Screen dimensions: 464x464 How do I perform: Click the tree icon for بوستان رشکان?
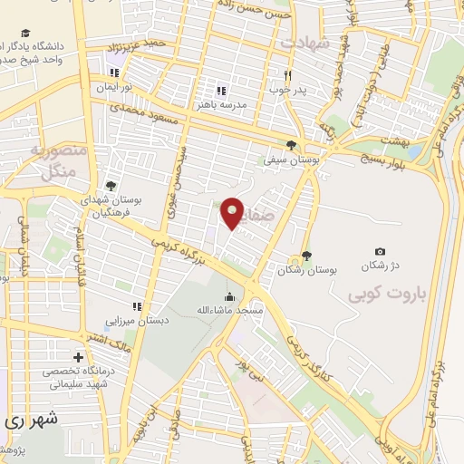click(x=306, y=256)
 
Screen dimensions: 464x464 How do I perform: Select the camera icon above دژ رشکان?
click(x=380, y=251)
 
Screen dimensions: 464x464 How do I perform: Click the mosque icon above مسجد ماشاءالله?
click(x=229, y=295)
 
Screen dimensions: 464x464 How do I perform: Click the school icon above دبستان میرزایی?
click(x=138, y=306)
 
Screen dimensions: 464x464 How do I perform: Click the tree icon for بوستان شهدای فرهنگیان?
click(x=111, y=185)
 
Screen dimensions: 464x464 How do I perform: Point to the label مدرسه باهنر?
click(x=222, y=105)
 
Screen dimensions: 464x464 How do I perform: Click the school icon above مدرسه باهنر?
click(x=222, y=91)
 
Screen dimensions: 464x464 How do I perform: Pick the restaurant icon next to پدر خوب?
click(x=287, y=76)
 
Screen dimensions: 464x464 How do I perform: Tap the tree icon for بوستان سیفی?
click(x=290, y=144)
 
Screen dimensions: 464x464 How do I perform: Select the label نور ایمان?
click(x=115, y=89)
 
